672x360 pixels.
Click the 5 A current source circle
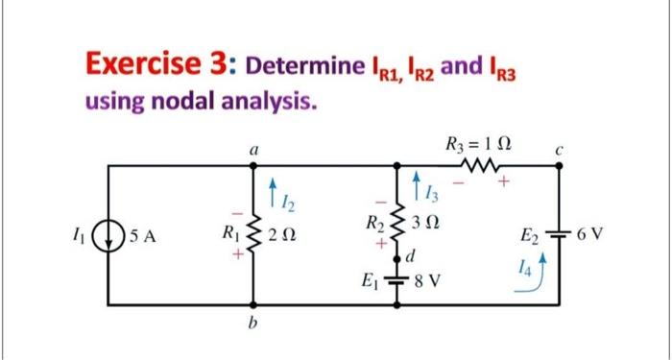(108, 236)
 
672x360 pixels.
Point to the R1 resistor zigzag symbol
(253, 235)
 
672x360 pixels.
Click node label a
(253, 150)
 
